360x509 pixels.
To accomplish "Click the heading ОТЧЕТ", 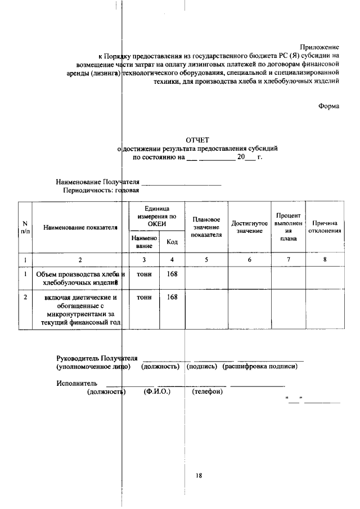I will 197,140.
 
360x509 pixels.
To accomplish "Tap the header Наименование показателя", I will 80,228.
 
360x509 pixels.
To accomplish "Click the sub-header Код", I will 172,242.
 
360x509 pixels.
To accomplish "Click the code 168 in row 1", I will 172,274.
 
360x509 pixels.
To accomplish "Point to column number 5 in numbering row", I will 206,259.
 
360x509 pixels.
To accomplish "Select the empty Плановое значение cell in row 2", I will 206,309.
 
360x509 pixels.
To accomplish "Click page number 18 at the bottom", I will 199,475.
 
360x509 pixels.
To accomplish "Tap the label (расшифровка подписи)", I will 260,367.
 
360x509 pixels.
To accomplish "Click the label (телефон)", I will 207,392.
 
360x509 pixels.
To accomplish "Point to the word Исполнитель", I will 77,384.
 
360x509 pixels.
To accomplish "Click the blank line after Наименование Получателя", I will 181,183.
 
